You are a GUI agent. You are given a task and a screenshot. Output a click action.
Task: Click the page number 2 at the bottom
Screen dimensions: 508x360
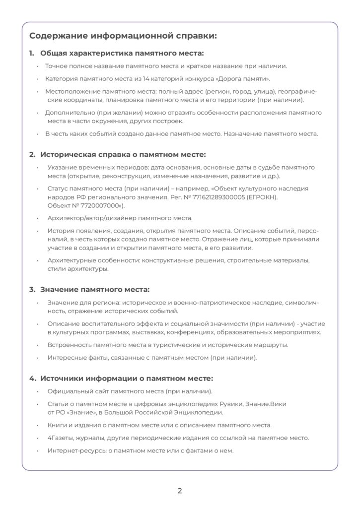[180, 491]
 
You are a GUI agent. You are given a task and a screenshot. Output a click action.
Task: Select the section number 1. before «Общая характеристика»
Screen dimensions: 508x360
[31, 53]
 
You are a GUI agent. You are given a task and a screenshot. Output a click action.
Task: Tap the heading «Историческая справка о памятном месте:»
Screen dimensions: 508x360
[123, 154]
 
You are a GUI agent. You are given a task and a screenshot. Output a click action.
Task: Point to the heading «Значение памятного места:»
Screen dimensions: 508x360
[94, 289]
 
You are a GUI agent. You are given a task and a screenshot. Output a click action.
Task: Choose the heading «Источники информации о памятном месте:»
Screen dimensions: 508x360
[126, 378]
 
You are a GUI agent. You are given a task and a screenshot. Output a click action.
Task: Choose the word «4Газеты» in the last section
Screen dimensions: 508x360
[61, 438]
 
